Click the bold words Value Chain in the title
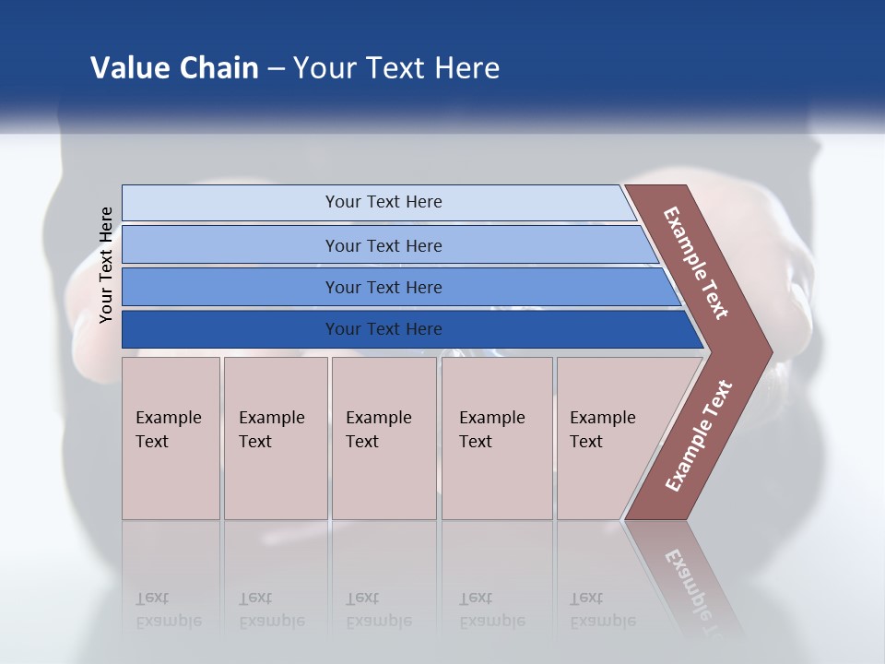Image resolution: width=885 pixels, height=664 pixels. point(174,68)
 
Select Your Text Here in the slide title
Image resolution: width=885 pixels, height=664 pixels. point(396,68)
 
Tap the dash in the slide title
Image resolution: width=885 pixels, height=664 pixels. point(276,69)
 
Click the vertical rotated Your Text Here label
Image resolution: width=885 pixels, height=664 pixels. point(107,265)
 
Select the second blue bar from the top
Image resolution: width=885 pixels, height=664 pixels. point(383,245)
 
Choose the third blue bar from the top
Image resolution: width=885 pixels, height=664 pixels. point(383,287)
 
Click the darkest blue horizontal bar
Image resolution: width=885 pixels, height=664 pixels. point(383,329)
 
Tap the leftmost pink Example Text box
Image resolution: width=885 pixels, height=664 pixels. point(171,438)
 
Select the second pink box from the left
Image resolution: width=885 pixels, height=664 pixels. point(275,438)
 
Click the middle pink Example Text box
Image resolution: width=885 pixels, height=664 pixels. point(383,438)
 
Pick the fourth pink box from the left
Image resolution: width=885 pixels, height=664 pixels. point(496,438)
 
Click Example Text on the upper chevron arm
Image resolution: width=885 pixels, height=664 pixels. point(696,263)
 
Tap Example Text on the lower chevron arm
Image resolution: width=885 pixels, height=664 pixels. point(699,435)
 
